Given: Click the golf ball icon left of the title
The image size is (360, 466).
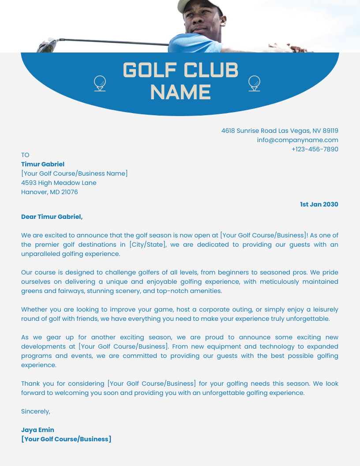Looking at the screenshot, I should (x=100, y=83).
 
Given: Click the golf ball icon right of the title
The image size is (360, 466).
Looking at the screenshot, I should (x=254, y=83).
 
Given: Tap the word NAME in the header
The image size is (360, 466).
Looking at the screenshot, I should (x=180, y=92).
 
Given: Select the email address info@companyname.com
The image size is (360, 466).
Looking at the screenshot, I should (x=297, y=140).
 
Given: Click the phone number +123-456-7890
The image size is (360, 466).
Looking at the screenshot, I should (x=315, y=149).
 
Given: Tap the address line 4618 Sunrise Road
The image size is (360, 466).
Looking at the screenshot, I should (x=280, y=131).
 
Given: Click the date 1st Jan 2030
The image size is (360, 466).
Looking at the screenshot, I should (x=319, y=204).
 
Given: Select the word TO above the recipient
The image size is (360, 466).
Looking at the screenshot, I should (x=25, y=155).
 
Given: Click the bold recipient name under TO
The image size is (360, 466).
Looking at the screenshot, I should (x=43, y=164).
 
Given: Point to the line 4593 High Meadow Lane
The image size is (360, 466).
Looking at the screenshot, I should (x=59, y=183).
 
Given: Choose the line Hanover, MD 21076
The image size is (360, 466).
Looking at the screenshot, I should (x=49, y=192).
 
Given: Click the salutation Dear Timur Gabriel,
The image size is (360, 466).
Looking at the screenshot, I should (x=52, y=217).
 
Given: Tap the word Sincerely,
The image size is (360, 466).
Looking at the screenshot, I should (x=36, y=411).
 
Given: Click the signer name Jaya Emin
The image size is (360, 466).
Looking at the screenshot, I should (x=37, y=430).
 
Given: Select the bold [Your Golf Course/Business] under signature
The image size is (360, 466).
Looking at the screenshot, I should (x=66, y=439).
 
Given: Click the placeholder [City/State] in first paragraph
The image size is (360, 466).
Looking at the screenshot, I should (x=147, y=244).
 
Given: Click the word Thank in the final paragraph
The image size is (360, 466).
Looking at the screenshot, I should (x=30, y=383).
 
